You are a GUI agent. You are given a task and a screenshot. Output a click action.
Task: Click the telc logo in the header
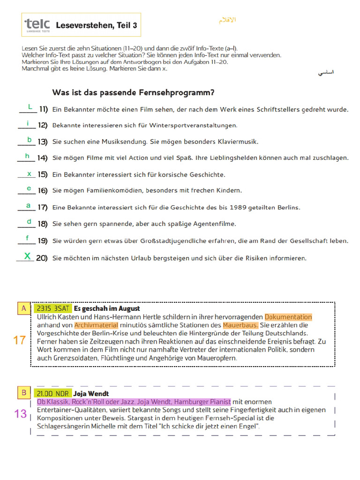[x=37, y=25]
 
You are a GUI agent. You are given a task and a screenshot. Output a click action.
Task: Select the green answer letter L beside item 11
[x=30, y=107]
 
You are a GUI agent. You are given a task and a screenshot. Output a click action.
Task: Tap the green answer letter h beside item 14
[x=27, y=156]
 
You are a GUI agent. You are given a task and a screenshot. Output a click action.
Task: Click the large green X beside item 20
[x=28, y=256]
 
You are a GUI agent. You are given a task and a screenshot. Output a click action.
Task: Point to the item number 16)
[x=43, y=191]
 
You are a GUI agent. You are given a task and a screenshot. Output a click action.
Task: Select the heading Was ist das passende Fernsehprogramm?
[x=133, y=92]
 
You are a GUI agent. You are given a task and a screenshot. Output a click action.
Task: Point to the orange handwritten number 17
[x=20, y=340]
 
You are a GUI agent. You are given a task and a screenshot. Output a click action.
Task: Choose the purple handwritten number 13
[x=21, y=413]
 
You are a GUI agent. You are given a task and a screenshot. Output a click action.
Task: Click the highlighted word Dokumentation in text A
[x=288, y=317]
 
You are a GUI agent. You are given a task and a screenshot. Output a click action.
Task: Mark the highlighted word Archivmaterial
[x=96, y=325]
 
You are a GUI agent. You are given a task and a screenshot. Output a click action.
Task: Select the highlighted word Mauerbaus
[x=240, y=325]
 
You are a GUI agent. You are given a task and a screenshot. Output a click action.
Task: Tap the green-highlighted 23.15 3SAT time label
[x=52, y=308]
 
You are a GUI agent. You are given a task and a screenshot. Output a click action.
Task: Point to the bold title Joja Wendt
[x=91, y=393]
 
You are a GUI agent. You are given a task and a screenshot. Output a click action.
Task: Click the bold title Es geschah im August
[x=107, y=308]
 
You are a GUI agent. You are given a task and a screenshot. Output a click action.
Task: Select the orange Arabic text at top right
[x=227, y=20]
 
